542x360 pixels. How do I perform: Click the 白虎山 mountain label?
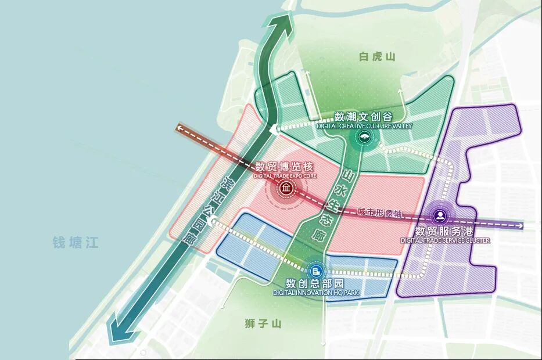377,56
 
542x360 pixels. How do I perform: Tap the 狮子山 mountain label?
263,323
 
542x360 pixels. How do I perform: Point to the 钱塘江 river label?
76,242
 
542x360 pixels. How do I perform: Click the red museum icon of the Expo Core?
286,189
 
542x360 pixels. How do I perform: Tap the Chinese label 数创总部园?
315,284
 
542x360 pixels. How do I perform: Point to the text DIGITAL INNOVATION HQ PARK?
315,293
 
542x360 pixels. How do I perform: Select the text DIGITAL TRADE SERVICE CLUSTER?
445,240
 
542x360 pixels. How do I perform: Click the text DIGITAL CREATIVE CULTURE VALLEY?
364,125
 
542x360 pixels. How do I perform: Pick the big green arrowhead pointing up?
284,24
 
